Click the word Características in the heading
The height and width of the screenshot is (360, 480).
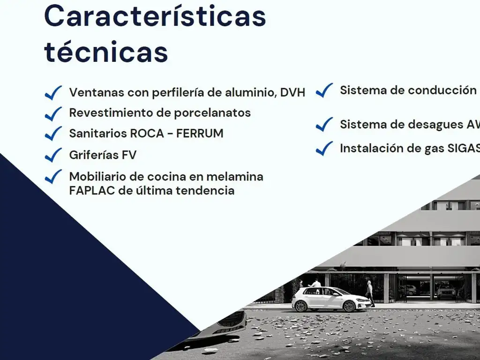pos(155,16)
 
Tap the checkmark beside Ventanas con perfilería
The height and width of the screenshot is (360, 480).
pos(53,92)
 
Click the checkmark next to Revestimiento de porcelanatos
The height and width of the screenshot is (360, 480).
pos(53,113)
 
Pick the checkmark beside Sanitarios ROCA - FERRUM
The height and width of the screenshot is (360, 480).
pos(53,133)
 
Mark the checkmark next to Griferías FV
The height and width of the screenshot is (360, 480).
pos(53,154)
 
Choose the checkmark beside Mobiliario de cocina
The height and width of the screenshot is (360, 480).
pos(53,176)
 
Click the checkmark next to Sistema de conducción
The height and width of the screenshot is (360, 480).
pos(324,90)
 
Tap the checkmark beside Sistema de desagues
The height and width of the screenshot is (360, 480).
pos(324,124)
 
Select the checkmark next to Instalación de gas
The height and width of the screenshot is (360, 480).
pos(324,149)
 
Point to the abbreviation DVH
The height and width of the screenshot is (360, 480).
pos(292,92)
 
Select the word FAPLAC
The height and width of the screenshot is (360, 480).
pos(91,191)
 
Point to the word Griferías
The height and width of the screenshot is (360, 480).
pos(93,155)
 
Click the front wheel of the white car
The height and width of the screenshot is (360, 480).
pos(349,306)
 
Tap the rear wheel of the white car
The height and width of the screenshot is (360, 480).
pos(301,306)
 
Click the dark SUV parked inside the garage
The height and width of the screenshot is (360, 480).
pos(446,292)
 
